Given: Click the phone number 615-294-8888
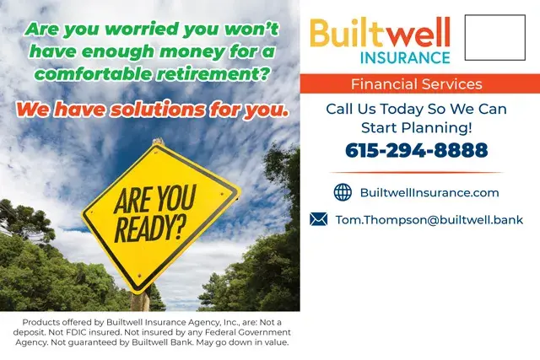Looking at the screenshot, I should [416, 151].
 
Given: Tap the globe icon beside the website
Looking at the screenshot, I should [343, 192].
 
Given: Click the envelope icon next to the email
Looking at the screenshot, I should [318, 219].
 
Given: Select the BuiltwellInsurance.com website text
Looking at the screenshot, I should [429, 192].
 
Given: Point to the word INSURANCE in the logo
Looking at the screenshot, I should [405, 57].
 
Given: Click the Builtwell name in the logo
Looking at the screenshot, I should [380, 33].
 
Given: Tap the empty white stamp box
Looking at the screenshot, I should [494, 37].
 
